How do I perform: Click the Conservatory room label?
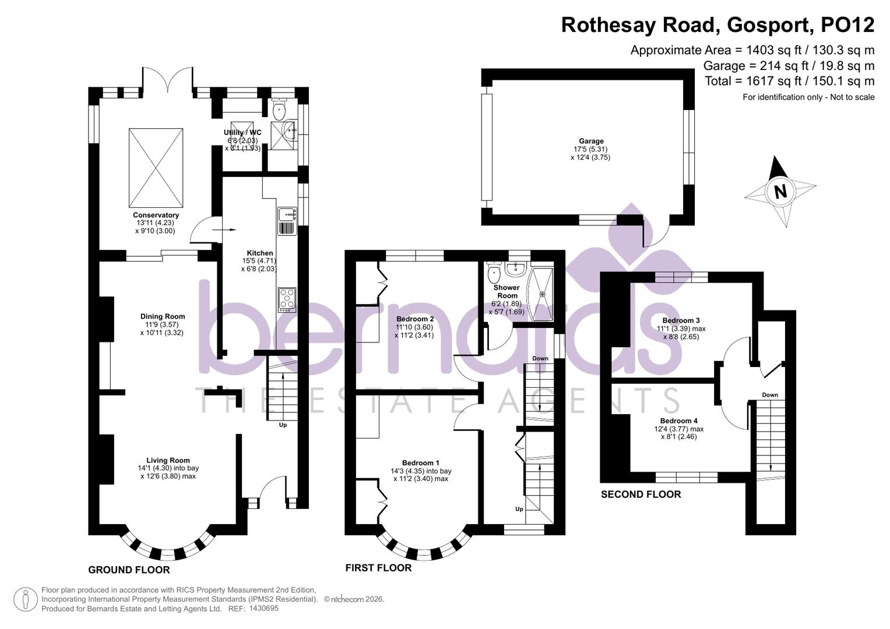[x=156, y=215]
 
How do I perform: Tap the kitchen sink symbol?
[x=287, y=215]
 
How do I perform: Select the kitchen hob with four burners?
[x=287, y=299]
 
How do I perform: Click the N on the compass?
[x=780, y=191]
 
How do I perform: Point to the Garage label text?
[x=590, y=141]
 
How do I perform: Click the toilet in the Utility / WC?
[x=280, y=109]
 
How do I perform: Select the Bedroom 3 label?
[x=681, y=320]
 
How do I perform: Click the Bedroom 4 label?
[x=678, y=420]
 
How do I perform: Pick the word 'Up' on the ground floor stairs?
[x=283, y=425]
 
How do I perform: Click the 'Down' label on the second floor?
[x=769, y=395]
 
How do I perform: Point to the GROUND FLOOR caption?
[x=129, y=570]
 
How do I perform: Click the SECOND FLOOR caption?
[x=641, y=494]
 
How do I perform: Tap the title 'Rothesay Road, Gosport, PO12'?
[x=717, y=25]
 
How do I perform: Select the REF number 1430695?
[x=263, y=608]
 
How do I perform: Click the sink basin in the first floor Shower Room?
[x=515, y=268]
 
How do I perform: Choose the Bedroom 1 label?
[x=421, y=462]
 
